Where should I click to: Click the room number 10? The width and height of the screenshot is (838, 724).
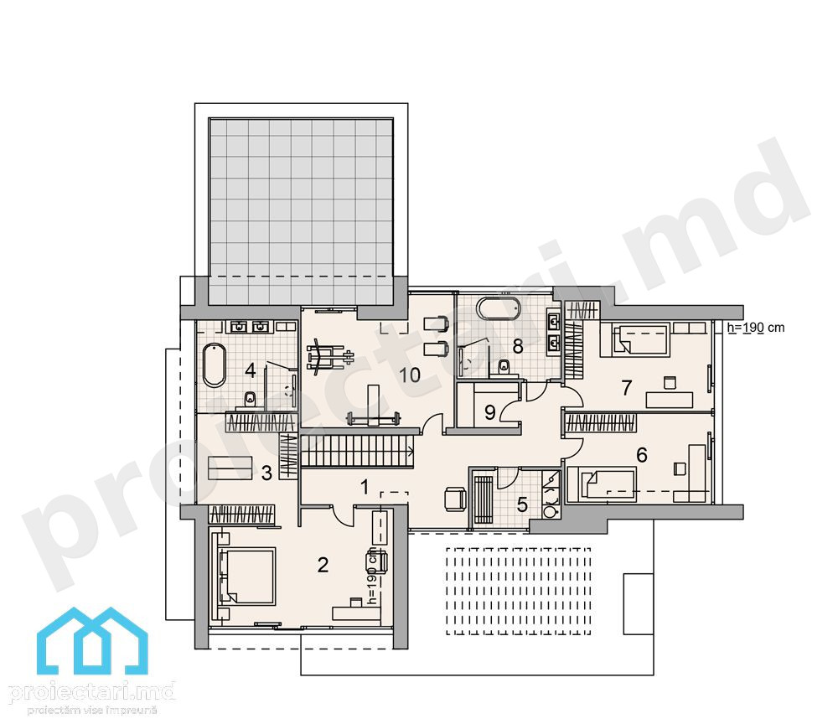[410, 375]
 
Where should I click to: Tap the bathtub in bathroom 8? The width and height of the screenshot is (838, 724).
[498, 309]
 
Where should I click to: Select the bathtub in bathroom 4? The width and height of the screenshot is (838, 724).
[215, 365]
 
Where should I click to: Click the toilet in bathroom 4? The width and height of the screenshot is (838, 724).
[250, 401]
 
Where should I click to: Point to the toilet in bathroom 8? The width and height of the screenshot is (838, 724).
[503, 368]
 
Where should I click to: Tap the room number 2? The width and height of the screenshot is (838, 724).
[323, 565]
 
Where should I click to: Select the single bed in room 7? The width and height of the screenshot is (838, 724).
[635, 340]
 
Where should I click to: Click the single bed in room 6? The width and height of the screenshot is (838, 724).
[602, 484]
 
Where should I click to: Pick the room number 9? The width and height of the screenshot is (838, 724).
[489, 412]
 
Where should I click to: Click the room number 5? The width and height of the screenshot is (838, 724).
[522, 504]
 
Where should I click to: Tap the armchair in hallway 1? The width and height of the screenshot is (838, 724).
[454, 499]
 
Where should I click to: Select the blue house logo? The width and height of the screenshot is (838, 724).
[92, 641]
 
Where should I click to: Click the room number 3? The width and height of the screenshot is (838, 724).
[266, 473]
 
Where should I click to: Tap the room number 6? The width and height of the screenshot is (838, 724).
[642, 455]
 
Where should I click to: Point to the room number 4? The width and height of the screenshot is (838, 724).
[250, 370]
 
